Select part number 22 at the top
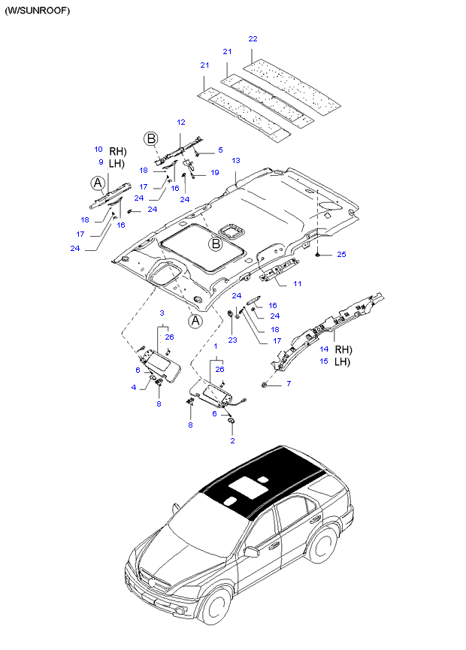click(x=253, y=38)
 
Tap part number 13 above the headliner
click(x=235, y=161)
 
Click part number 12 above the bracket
click(x=180, y=122)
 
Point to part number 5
click(x=220, y=150)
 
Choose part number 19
click(x=214, y=173)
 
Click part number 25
click(x=341, y=255)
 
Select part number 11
click(x=297, y=284)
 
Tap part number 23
click(x=232, y=340)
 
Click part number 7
click(x=288, y=385)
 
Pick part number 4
click(x=134, y=387)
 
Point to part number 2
click(x=232, y=440)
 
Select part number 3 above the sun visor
click(x=161, y=312)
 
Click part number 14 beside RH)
click(x=324, y=349)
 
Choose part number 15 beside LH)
click(x=324, y=361)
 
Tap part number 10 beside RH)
click(x=98, y=149)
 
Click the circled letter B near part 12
click(x=151, y=138)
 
